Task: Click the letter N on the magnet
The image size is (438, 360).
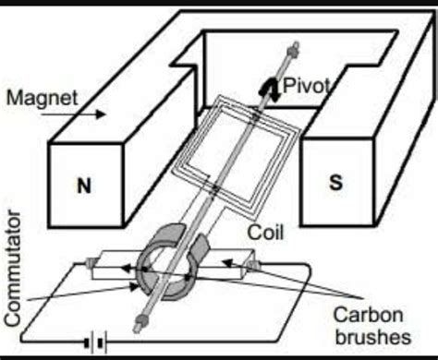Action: [x=84, y=186]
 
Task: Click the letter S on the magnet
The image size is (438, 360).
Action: [x=335, y=182]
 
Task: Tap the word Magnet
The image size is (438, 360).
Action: [x=42, y=98]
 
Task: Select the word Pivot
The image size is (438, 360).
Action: [x=306, y=86]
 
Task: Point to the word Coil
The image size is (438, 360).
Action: [x=265, y=233]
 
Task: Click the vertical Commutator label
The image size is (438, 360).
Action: [x=13, y=268]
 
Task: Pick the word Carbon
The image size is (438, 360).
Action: [x=369, y=315]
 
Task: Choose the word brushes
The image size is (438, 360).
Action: [x=373, y=337]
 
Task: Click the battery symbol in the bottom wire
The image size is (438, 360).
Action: [x=96, y=342]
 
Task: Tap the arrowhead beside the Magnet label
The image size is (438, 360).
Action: [x=101, y=114]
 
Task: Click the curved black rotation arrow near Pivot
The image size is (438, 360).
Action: [x=270, y=88]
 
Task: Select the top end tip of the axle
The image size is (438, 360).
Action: [x=296, y=43]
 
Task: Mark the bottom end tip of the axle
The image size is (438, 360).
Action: [x=136, y=331]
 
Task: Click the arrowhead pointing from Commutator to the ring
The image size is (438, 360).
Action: [x=134, y=287]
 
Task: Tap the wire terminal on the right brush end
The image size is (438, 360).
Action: [x=253, y=264]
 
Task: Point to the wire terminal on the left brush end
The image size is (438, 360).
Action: [x=91, y=262]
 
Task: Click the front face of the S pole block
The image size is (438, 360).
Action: [x=337, y=182]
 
